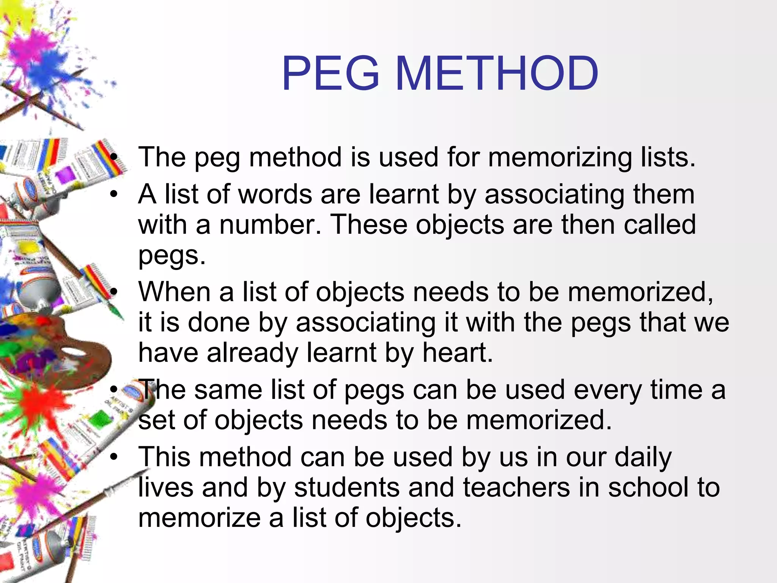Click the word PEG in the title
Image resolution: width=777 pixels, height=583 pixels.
point(330,73)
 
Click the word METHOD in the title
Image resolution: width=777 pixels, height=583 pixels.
point(497,73)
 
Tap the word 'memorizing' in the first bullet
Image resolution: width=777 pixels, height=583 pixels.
point(560,157)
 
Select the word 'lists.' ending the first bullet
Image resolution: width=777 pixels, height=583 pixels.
point(668,157)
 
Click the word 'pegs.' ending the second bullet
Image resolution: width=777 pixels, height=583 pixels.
point(172,255)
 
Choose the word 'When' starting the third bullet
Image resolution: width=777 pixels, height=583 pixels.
point(174,292)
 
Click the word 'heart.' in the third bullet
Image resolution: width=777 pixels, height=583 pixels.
point(458,353)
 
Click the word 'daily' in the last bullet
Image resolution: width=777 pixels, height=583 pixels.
point(643,457)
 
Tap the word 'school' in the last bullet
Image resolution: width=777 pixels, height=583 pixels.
point(648,487)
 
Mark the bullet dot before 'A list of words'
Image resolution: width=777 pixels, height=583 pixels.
point(114,194)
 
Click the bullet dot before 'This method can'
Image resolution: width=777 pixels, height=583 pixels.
point(114,457)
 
